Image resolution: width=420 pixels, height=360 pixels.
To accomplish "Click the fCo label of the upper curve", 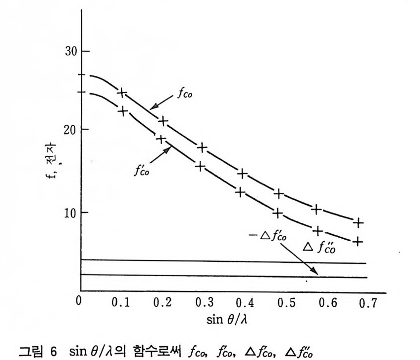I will [185, 95].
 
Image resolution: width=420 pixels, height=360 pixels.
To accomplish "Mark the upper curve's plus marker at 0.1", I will [122, 92].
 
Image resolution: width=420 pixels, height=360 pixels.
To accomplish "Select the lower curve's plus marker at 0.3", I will [200, 166].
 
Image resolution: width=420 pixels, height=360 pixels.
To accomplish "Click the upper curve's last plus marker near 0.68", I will [359, 222].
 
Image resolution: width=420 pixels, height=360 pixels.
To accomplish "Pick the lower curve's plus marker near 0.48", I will [278, 213].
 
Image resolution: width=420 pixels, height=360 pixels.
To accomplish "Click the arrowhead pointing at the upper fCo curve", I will [152, 108].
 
